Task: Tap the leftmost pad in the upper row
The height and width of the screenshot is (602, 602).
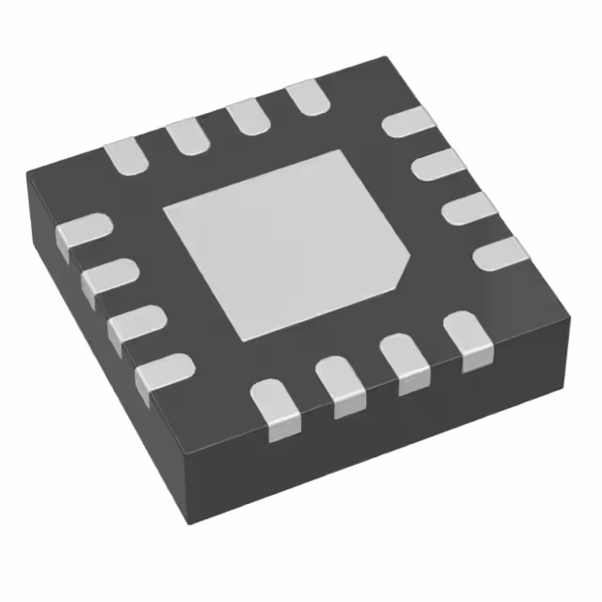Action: pos(125,157)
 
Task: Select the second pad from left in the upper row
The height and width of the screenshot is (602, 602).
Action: pos(186,136)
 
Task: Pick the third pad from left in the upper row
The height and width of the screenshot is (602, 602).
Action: pos(246,117)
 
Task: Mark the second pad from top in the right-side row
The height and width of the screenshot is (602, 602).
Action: pos(435,166)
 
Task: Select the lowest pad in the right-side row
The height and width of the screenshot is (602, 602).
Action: pos(499,253)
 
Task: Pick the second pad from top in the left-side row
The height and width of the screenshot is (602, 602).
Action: pos(107,279)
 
